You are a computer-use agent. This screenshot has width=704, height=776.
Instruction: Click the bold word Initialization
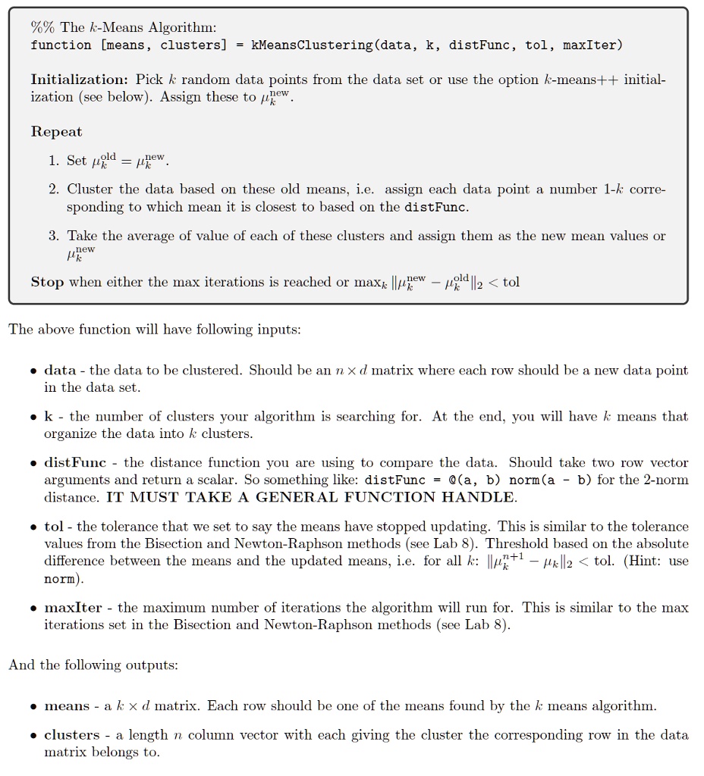point(78,80)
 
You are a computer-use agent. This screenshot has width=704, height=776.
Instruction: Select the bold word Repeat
point(56,132)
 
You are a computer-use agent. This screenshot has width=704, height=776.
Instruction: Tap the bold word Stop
point(47,282)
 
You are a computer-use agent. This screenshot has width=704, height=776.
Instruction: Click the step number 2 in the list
point(54,189)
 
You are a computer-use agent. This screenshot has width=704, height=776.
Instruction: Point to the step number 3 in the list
point(54,236)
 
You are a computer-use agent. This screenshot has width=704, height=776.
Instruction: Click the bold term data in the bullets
point(60,371)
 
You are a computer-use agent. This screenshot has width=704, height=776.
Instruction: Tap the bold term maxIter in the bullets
point(73,608)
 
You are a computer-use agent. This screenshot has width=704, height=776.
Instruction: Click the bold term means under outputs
point(67,706)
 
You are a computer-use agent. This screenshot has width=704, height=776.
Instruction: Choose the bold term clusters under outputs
point(72,735)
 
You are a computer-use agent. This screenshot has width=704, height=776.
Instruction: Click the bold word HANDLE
point(477,497)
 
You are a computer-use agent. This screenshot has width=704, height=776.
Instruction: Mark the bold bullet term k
point(49,417)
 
